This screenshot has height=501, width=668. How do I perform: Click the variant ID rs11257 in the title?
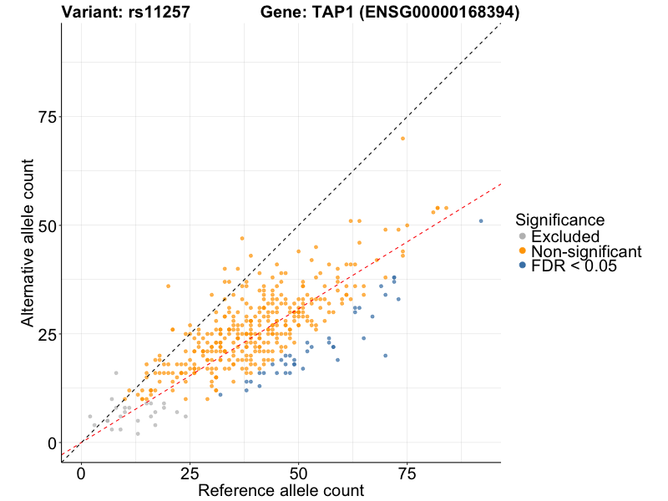tap(154, 13)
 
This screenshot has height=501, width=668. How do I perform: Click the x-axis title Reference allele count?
tap(281, 489)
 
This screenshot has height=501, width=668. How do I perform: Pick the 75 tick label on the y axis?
tap(48, 117)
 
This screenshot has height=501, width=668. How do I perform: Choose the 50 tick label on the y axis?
tap(48, 225)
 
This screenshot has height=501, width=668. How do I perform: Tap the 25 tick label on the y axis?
tap(48, 334)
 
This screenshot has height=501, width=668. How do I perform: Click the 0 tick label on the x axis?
tap(81, 473)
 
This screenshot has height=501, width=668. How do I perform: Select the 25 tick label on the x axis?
tap(190, 473)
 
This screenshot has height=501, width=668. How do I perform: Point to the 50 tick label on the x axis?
tap(298, 473)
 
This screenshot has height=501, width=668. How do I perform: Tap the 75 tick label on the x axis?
tap(407, 473)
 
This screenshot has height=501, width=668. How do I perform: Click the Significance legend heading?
tap(559, 220)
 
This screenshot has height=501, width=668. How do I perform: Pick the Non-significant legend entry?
tap(585, 251)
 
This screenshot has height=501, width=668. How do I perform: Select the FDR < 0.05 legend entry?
tap(573, 266)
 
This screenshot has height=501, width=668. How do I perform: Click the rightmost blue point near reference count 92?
tap(481, 220)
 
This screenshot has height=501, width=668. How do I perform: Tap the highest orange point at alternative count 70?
tap(402, 139)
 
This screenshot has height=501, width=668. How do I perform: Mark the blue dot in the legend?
tap(523, 266)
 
